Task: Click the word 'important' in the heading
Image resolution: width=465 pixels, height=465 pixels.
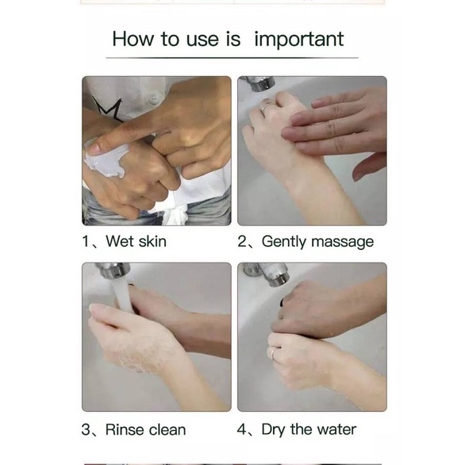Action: point(299,40)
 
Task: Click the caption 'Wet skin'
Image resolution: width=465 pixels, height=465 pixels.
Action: point(136,241)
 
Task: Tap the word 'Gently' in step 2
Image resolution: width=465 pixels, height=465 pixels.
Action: point(284,242)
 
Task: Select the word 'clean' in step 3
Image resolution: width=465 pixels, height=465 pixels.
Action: point(167,430)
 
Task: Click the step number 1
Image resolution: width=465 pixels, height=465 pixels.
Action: point(86,241)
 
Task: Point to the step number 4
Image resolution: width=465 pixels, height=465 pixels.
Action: point(241,430)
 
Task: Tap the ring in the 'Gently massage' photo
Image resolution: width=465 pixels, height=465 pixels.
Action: point(267,107)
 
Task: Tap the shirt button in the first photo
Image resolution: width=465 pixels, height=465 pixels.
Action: point(154,98)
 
